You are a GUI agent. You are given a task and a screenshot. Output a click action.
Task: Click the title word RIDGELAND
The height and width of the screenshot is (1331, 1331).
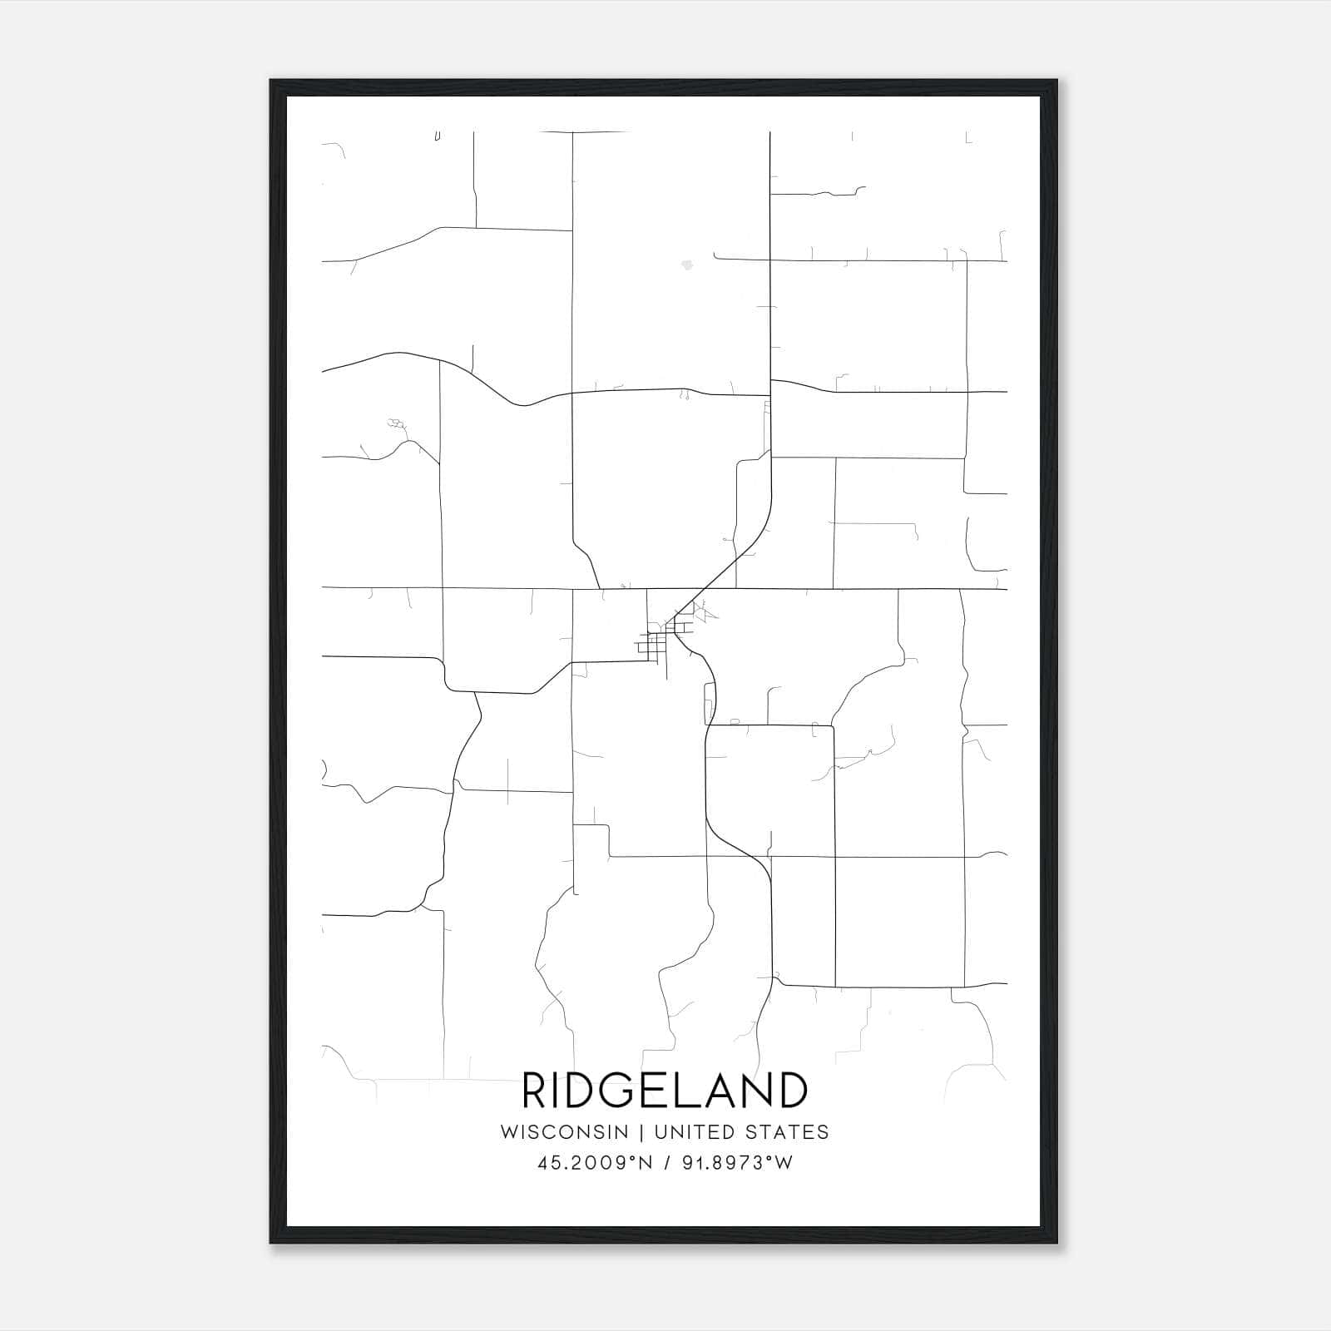pos(664,1091)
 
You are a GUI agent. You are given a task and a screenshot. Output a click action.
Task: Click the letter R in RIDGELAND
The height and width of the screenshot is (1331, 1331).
pos(535,1091)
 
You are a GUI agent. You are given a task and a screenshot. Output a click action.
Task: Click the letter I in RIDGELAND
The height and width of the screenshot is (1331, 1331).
pos(559,1091)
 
